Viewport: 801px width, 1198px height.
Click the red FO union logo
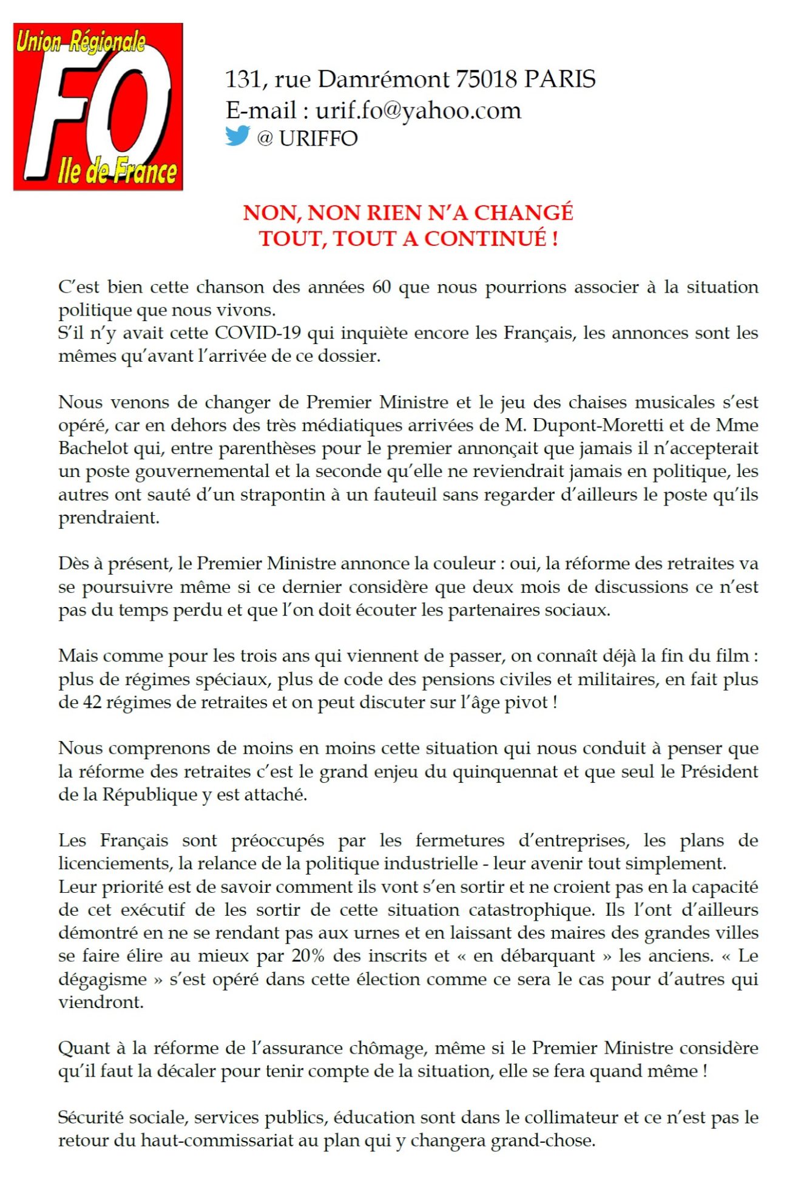click(x=98, y=107)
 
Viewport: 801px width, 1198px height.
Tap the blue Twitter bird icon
click(x=237, y=136)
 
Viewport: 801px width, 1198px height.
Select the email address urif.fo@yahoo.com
click(x=418, y=111)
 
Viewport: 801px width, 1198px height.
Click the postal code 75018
click(x=485, y=80)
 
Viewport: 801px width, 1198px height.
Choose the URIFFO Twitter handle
click(x=318, y=139)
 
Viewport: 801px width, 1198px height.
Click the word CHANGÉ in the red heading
click(x=522, y=213)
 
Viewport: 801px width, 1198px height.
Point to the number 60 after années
click(x=381, y=287)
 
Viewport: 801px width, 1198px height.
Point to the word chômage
click(x=387, y=1048)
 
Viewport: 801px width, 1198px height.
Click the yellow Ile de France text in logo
click(x=118, y=172)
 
